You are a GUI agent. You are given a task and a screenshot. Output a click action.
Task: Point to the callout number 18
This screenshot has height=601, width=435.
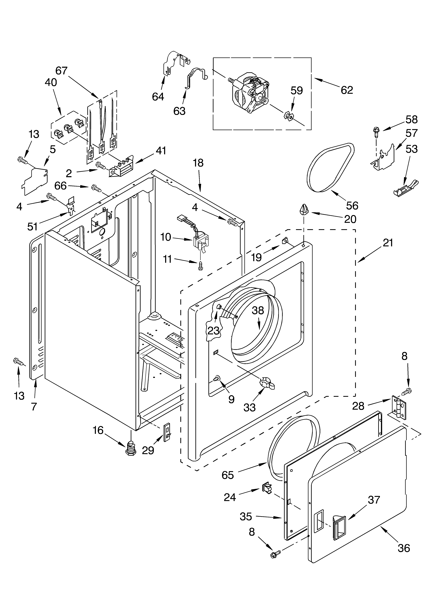[x=198, y=163]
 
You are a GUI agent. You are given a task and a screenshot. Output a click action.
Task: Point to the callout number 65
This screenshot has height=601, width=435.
[x=228, y=475]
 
